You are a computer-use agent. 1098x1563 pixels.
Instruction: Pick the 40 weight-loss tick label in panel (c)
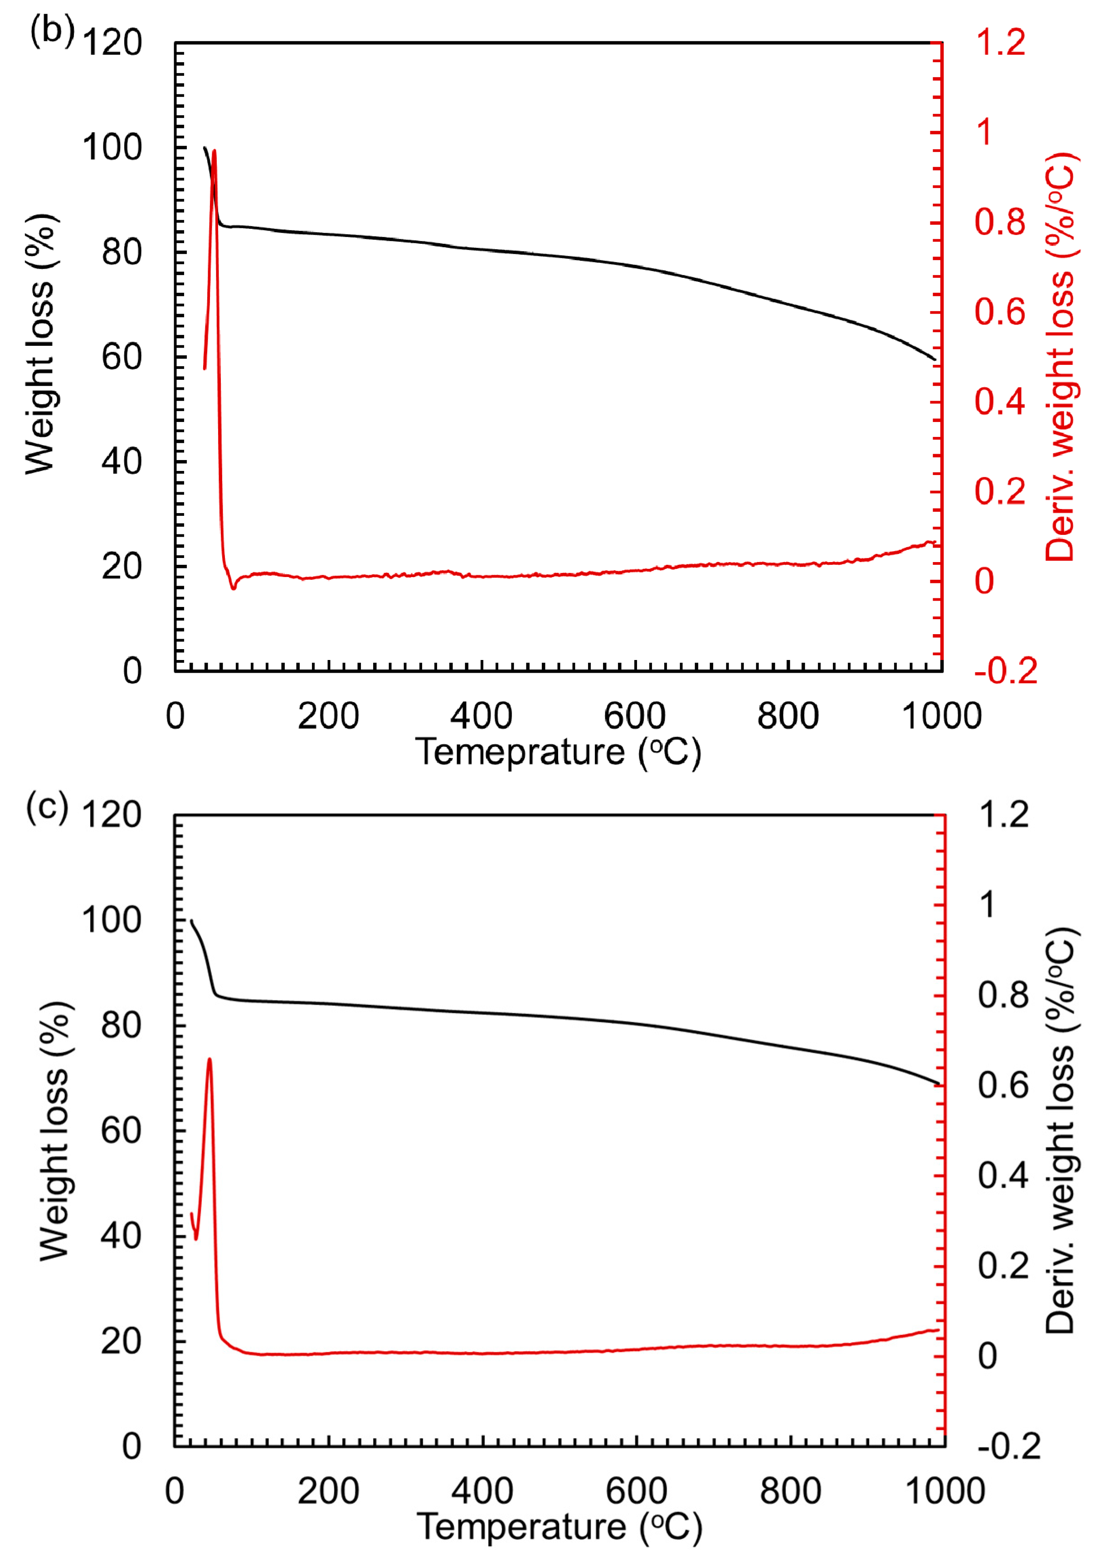tap(121, 1236)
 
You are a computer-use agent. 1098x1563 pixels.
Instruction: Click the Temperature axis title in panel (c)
tap(558, 1526)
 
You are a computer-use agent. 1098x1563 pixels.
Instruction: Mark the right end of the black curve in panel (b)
tap(934, 359)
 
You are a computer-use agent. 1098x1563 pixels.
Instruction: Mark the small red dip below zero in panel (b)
tap(233, 587)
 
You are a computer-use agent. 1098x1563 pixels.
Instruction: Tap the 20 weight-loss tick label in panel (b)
tap(121, 566)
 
